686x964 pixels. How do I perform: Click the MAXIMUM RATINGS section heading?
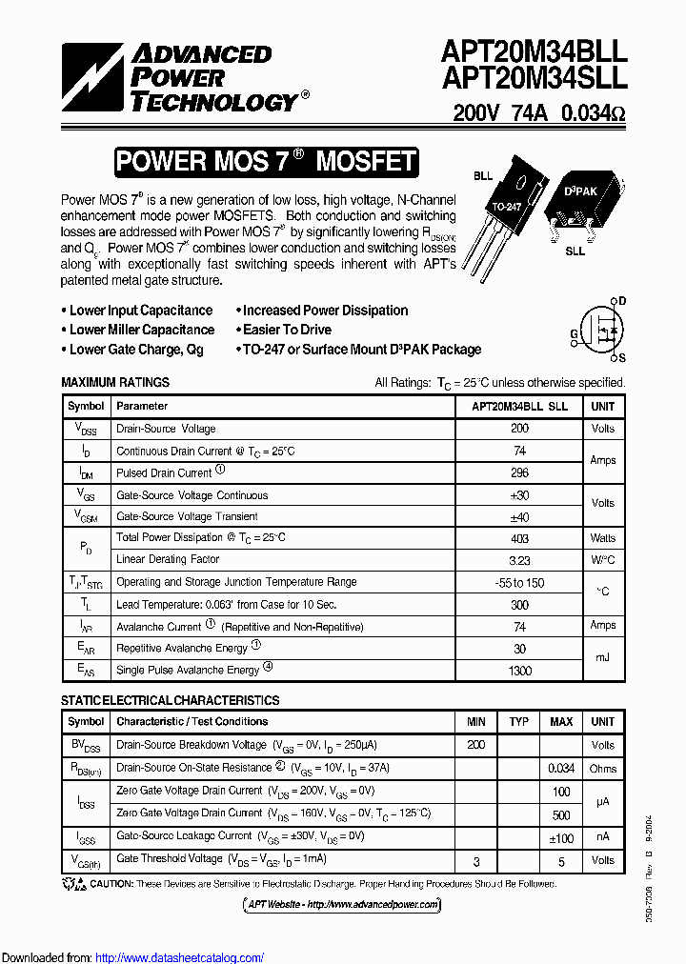(x=115, y=382)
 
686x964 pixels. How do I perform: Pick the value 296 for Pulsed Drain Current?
(x=519, y=472)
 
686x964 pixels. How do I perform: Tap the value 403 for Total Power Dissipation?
(x=519, y=538)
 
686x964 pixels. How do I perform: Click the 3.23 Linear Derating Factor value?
(x=519, y=560)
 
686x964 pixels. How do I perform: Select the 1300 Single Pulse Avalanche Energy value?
(x=519, y=670)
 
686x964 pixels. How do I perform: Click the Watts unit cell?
(x=603, y=538)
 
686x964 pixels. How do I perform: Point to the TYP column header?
(x=518, y=722)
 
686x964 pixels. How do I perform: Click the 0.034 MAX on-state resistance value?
(x=561, y=768)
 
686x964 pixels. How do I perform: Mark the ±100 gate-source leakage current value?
(x=561, y=837)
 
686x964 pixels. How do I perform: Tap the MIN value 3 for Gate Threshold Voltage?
(x=476, y=861)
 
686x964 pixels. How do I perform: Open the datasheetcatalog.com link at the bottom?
(x=180, y=957)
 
